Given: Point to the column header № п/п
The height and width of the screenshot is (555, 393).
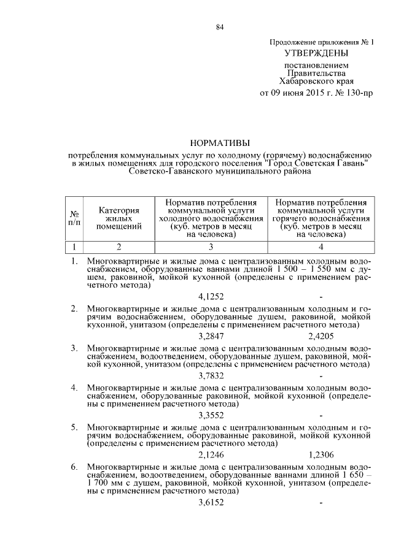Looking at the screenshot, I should point(74,218).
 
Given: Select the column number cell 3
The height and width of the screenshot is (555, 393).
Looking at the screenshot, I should point(211,247).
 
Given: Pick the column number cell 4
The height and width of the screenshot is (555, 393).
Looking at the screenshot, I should point(322,247).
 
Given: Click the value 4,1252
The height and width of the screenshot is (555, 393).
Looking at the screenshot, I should point(211,297).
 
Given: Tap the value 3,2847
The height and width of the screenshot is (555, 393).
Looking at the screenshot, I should point(211,336).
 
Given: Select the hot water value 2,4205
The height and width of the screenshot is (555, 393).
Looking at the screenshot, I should point(321,336).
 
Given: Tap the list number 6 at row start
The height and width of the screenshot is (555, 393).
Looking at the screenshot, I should point(74,467).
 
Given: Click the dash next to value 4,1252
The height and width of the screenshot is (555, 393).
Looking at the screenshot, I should point(321,297).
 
